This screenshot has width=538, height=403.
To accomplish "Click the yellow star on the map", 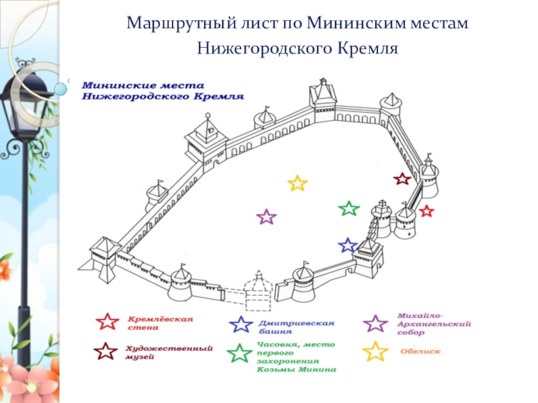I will tap(297, 183).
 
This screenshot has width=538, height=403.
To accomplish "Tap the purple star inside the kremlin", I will tap(267, 217).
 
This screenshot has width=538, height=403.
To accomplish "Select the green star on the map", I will tap(348, 208).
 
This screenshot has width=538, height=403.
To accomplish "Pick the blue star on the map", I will tap(348, 245).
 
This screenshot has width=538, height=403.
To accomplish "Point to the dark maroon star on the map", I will tap(401, 179).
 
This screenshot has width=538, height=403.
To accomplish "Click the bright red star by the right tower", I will tap(426, 211).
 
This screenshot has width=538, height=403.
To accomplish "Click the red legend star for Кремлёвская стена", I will tap(107, 322).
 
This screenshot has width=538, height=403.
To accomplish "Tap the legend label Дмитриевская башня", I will tap(287, 326).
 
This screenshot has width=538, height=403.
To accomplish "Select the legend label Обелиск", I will tap(420, 350).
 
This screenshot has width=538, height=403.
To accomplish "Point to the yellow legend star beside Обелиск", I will tap(375, 351).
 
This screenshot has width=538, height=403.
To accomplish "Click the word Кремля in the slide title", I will tap(371, 48).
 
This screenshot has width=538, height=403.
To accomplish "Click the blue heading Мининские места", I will tap(128, 86).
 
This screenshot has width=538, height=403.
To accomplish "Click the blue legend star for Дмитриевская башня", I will tap(241, 325).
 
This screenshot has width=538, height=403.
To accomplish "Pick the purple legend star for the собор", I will tap(375, 323).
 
